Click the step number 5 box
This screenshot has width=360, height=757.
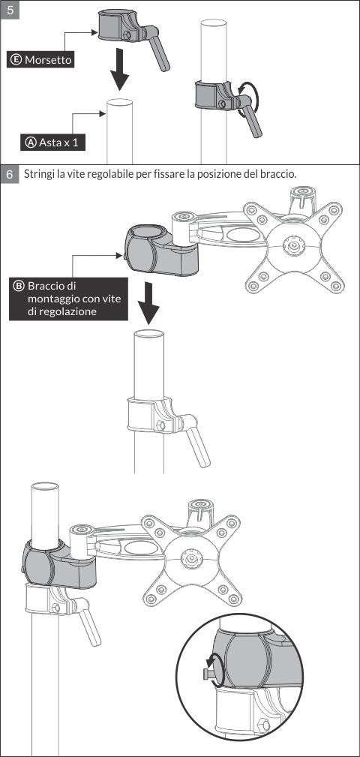pos(10,10)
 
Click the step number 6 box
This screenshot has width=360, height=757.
pos(10,174)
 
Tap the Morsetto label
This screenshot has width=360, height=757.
pos(40,60)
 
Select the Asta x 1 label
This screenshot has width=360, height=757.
pos(52,143)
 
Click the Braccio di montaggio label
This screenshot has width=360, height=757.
pos(68,299)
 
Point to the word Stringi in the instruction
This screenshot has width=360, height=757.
pos(39,174)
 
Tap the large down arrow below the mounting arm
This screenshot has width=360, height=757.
pos(148,303)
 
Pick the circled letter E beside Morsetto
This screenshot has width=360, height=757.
pos(16,60)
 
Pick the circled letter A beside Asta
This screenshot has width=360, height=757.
pos(31,143)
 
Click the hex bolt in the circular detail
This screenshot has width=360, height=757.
pos(264,725)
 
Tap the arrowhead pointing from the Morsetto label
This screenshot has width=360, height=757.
pos(94,33)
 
